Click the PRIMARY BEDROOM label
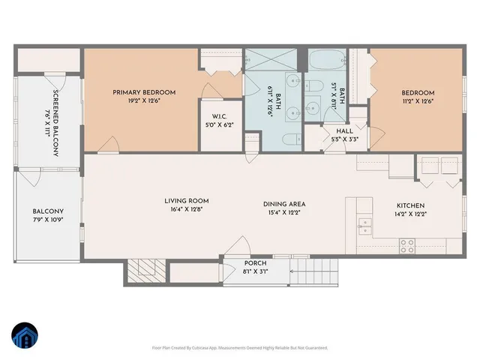pyautogui.click(x=144, y=92)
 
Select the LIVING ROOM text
pyautogui.click(x=187, y=201)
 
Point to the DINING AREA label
pyautogui.click(x=283, y=204)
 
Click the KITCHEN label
pyautogui.click(x=410, y=205)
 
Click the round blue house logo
pyautogui.click(x=25, y=337)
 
